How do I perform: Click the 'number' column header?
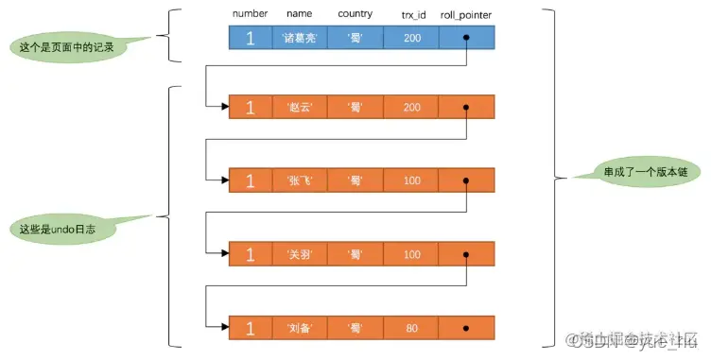pyautogui.click(x=251, y=14)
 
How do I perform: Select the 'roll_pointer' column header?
pyautogui.click(x=465, y=14)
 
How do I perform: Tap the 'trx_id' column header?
pyautogui.click(x=411, y=14)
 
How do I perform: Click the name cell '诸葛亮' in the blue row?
pyautogui.click(x=303, y=38)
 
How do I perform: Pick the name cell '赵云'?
pyautogui.click(x=303, y=108)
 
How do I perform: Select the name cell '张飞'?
pyautogui.click(x=303, y=180)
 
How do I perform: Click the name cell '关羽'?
pyautogui.click(x=303, y=253)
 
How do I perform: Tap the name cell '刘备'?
pyautogui.click(x=303, y=327)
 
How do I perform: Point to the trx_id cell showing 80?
pyautogui.click(x=411, y=327)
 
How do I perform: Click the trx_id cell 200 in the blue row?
pyautogui.click(x=411, y=38)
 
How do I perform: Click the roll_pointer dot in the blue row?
pyautogui.click(x=466, y=38)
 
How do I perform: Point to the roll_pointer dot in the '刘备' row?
pyautogui.click(x=466, y=327)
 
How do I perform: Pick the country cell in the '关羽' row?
pyautogui.click(x=356, y=253)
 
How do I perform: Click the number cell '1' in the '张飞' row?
pyautogui.click(x=251, y=180)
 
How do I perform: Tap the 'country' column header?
pyautogui.click(x=356, y=14)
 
